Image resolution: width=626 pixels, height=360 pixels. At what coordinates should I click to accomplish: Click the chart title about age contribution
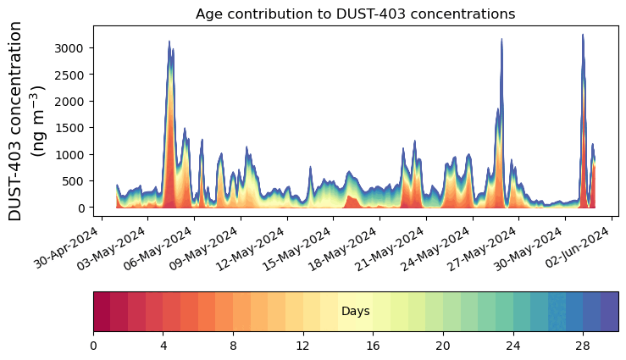click(355, 14)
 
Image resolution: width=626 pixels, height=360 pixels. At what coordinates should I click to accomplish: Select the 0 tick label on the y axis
click(82, 208)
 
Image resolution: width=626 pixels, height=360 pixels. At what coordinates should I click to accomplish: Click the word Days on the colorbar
click(355, 312)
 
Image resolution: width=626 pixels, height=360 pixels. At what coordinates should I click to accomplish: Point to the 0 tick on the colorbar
click(93, 346)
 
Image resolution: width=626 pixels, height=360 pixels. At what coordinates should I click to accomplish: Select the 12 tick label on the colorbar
click(303, 346)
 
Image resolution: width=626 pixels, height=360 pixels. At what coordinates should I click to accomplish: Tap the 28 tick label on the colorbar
click(583, 346)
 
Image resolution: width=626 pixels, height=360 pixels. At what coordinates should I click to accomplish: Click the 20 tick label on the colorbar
click(443, 346)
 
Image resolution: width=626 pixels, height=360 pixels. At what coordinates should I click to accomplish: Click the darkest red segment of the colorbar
click(102, 311)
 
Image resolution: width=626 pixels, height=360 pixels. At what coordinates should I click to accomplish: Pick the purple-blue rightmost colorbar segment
click(609, 311)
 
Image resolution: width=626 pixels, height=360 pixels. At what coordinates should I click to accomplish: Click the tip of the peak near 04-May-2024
click(169, 41)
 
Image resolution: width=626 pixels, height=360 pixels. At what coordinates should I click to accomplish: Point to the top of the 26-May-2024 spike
click(502, 38)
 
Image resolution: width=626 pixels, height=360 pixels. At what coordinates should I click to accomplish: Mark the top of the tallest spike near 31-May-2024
click(583, 35)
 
